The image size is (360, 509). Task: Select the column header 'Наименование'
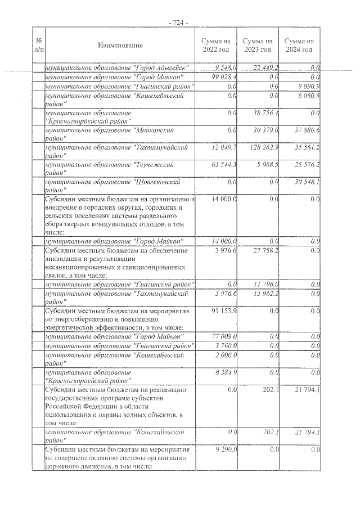pyautogui.click(x=120, y=45)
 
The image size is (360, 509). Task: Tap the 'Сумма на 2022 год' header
pyautogui.click(x=216, y=45)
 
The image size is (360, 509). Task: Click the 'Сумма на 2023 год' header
pyautogui.click(x=258, y=45)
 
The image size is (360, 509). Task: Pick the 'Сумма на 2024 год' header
pyautogui.click(x=299, y=45)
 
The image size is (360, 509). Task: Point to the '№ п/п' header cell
pyautogui.click(x=39, y=45)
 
